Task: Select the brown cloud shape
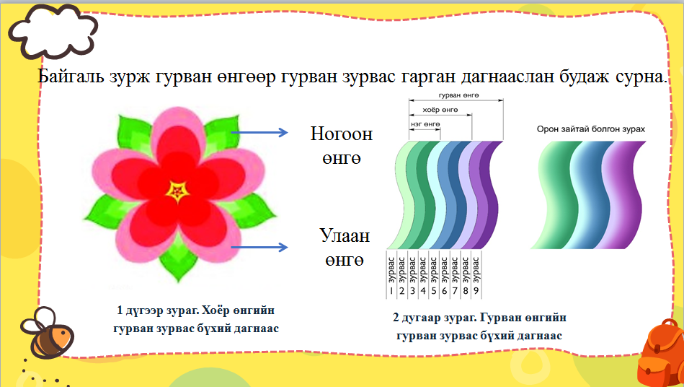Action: [52, 29]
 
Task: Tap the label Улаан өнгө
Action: [344, 247]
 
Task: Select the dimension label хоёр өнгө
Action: [439, 110]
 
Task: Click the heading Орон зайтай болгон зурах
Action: [590, 129]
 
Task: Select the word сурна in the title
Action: [636, 77]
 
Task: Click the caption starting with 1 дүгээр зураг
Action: [195, 319]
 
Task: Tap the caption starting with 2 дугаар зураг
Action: [479, 326]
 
